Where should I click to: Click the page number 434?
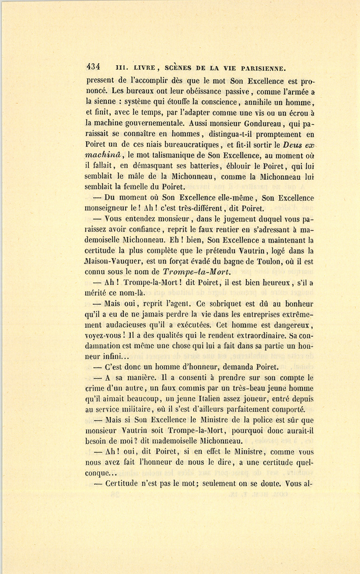[92, 67]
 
